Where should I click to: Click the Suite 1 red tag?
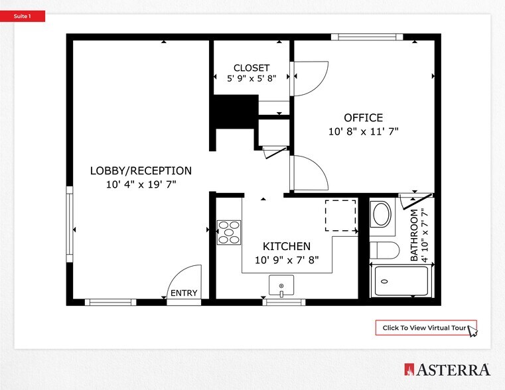(x=23, y=17)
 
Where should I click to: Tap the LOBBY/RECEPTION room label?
(x=141, y=170)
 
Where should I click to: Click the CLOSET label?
(x=252, y=68)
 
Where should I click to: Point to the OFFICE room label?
(x=363, y=118)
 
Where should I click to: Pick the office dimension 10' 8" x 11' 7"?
(x=363, y=131)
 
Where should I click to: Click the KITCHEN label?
(x=287, y=246)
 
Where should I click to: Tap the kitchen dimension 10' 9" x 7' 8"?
(x=287, y=260)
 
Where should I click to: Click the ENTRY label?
(x=184, y=293)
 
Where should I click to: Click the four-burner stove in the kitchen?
(x=230, y=232)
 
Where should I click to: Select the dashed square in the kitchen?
(x=340, y=215)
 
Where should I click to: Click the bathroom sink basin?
(x=382, y=214)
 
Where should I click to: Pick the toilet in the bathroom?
(x=384, y=250)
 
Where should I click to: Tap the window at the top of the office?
(x=367, y=37)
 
